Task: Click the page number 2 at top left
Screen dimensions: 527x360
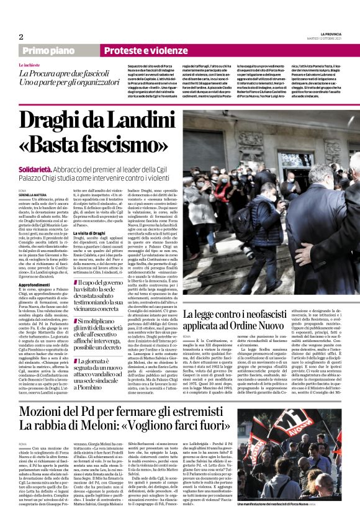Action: [x=20, y=37]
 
